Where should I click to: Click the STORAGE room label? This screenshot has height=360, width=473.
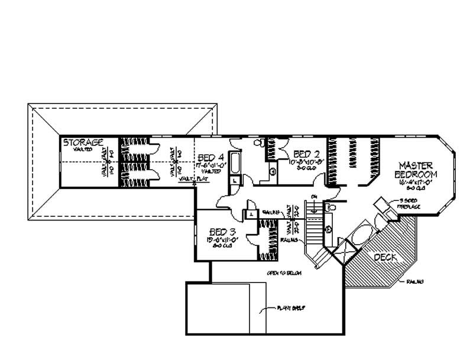click(84, 142)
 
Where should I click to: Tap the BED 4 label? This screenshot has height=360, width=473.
click(210, 157)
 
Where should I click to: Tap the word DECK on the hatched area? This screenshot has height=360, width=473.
click(385, 258)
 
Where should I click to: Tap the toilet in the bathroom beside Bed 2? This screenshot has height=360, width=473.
click(259, 142)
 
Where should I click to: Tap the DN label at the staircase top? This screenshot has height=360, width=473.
click(315, 196)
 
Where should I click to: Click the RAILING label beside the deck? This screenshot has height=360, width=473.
click(414, 283)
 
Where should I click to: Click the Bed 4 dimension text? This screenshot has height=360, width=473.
click(210, 166)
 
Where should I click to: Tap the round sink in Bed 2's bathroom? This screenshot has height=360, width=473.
click(273, 172)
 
